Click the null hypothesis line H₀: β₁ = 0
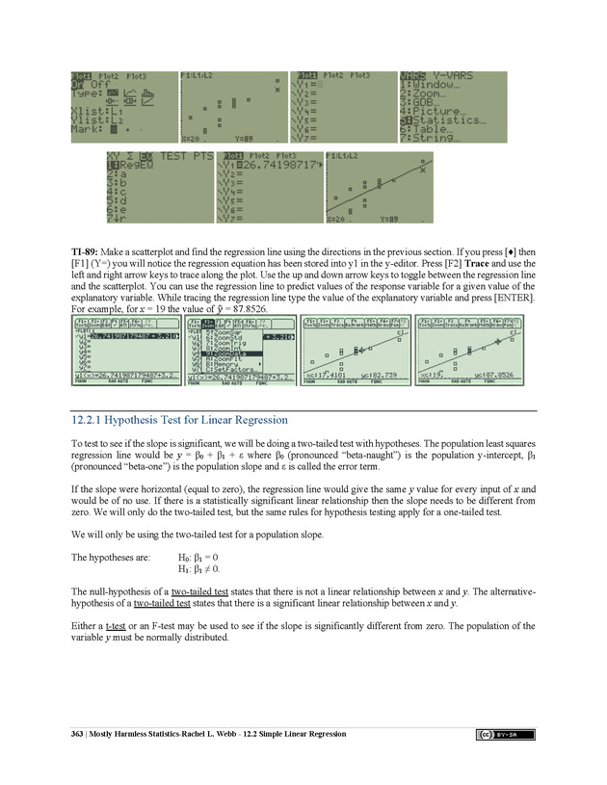pyautogui.click(x=204, y=558)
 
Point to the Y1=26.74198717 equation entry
pyautogui.click(x=272, y=167)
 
